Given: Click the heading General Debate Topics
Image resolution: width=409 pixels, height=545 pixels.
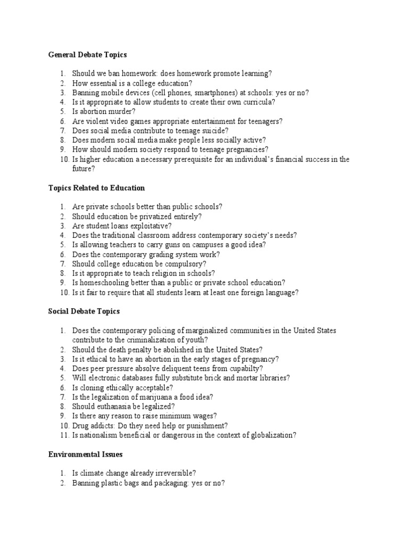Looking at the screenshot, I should tap(87, 54).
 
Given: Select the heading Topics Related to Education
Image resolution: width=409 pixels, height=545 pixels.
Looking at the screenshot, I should tap(96, 188).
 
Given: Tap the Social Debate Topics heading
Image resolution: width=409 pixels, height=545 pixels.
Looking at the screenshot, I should tap(84, 311).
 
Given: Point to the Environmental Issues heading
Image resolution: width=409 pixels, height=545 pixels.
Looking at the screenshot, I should tap(85, 454).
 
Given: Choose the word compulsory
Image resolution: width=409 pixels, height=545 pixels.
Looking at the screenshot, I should tap(184, 264).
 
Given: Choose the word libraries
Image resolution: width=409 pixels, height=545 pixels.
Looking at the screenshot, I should tap(272, 378).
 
